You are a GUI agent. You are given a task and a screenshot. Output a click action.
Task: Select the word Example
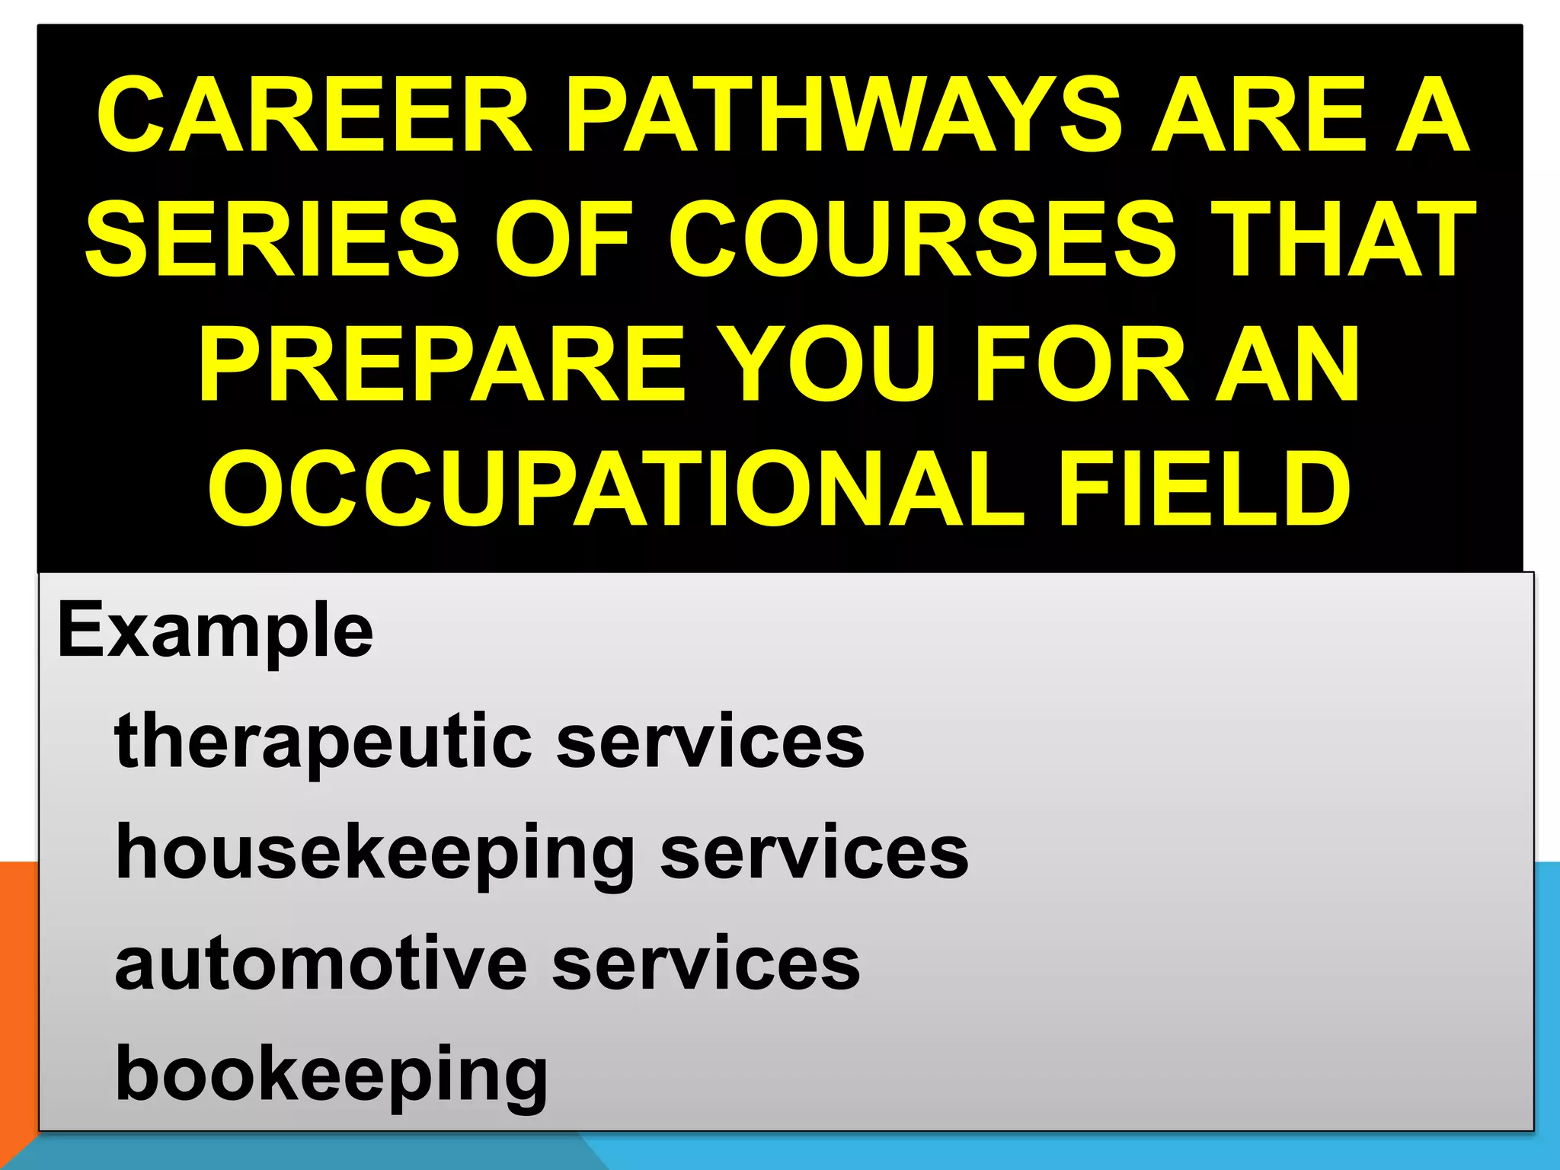click(x=215, y=631)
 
